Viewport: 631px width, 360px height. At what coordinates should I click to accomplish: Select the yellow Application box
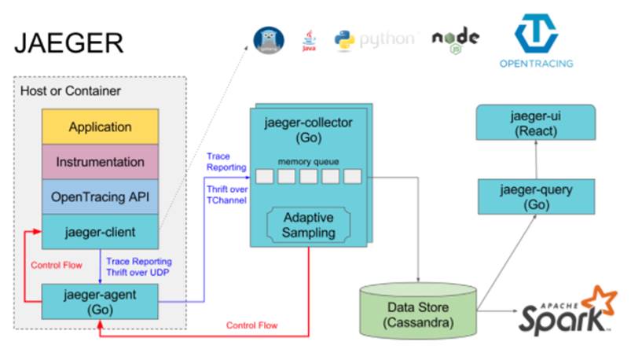(x=100, y=127)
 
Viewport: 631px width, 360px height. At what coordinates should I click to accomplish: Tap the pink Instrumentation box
(x=100, y=161)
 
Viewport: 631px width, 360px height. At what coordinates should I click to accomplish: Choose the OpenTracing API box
(x=100, y=196)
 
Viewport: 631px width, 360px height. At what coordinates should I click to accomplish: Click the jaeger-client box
(x=100, y=231)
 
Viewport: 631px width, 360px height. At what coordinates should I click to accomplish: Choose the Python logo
(x=373, y=39)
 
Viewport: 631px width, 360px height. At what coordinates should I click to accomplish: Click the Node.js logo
(x=456, y=39)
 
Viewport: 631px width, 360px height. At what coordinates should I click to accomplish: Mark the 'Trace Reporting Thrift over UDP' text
(x=139, y=266)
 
